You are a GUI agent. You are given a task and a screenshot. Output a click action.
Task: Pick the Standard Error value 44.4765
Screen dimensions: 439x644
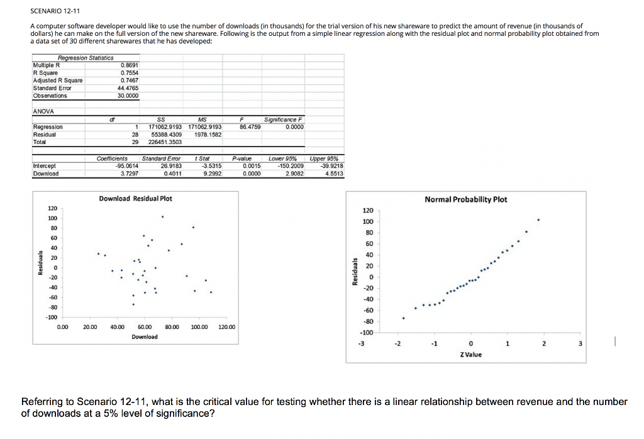pyautogui.click(x=128, y=88)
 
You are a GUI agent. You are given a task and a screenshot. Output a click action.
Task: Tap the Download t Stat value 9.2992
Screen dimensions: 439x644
pyautogui.click(x=209, y=174)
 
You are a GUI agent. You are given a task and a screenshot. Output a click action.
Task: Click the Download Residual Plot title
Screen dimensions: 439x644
pyautogui.click(x=135, y=199)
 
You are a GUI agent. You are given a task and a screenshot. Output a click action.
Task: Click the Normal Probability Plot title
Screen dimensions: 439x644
pyautogui.click(x=465, y=199)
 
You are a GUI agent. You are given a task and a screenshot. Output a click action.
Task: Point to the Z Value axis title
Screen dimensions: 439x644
pyautogui.click(x=470, y=355)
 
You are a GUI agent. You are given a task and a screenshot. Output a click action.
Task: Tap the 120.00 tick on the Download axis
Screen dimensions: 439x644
pyautogui.click(x=226, y=327)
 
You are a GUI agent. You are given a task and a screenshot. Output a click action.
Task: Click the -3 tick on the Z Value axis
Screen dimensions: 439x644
pyautogui.click(x=360, y=343)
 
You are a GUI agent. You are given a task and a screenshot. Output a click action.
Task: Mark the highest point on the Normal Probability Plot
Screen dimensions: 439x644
pyautogui.click(x=538, y=220)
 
